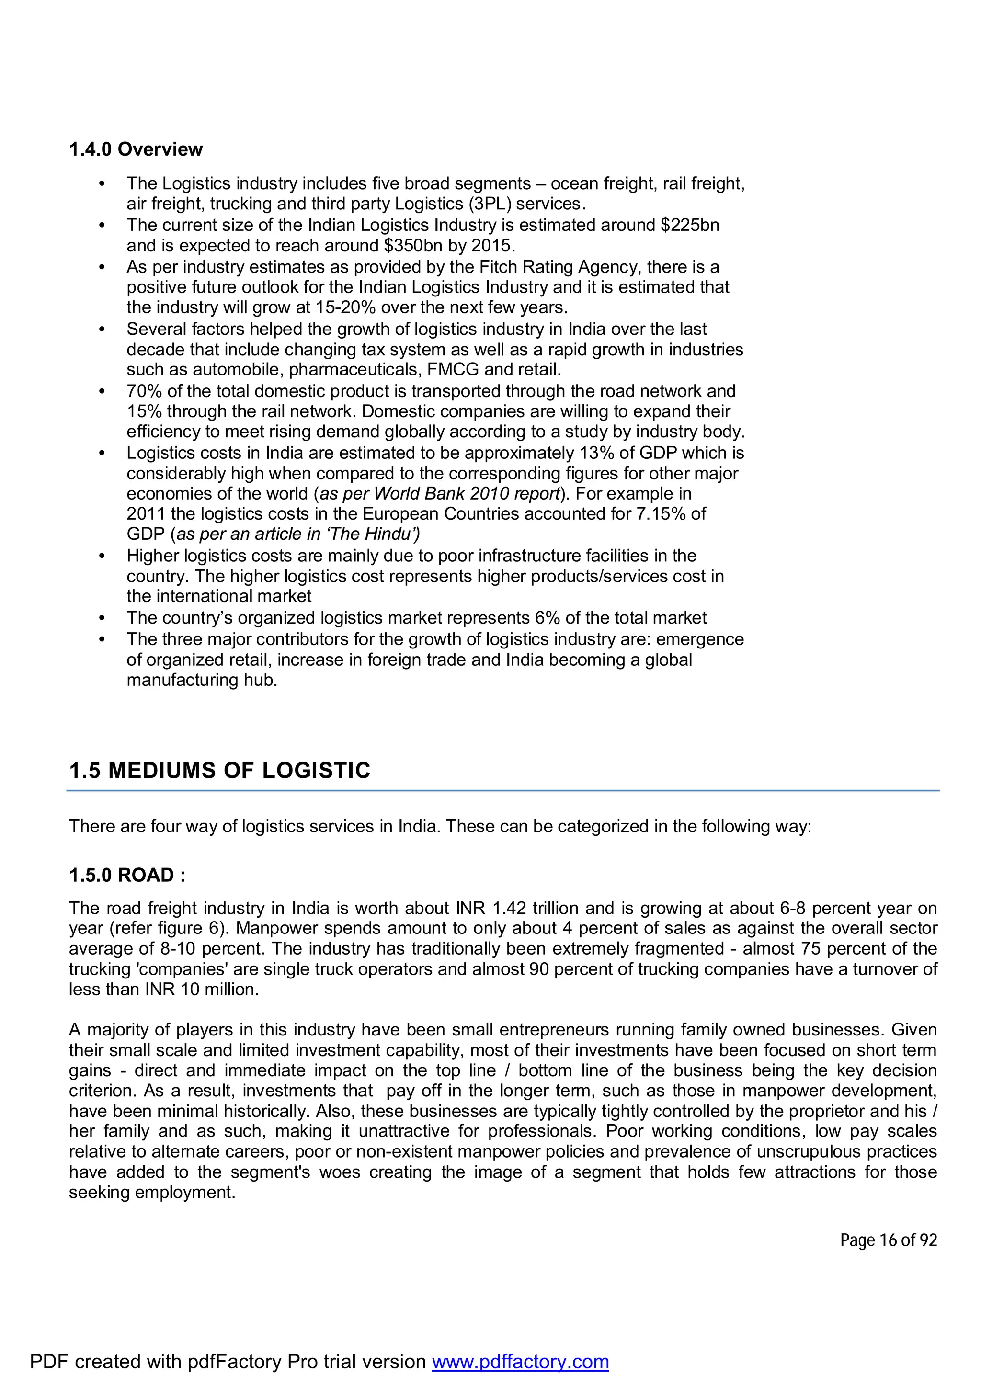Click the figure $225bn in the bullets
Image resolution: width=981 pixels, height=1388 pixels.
pos(690,226)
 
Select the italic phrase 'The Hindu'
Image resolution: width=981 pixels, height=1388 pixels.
pos(373,535)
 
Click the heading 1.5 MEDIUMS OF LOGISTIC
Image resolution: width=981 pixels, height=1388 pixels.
pos(219,771)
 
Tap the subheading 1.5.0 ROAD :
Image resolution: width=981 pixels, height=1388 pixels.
pos(127,876)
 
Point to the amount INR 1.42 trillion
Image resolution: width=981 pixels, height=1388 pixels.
pos(522,909)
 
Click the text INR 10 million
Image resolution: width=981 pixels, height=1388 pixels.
pos(201,990)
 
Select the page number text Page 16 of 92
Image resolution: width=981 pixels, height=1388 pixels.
pos(888,1240)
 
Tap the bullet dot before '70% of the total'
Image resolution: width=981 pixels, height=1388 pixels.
pos(102,392)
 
